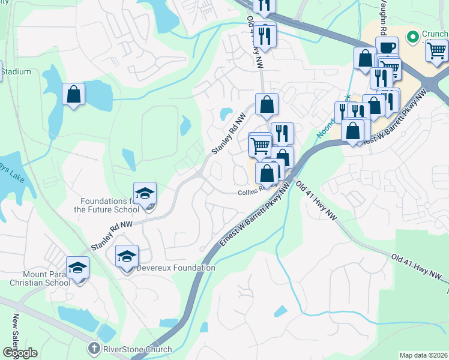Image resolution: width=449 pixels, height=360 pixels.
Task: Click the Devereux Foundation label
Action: (175, 268)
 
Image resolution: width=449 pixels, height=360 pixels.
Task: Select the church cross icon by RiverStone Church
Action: (93, 349)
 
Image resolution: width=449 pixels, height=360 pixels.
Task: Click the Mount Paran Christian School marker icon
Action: (77, 267)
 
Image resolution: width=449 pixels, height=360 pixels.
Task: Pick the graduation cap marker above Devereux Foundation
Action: (127, 256)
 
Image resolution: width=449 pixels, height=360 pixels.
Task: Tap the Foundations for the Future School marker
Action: (145, 193)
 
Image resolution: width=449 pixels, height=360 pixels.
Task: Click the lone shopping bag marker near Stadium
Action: (73, 94)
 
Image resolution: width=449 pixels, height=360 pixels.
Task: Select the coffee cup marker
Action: (387, 47)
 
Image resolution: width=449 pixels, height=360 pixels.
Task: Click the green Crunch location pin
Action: (412, 37)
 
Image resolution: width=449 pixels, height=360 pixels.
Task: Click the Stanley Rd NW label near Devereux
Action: (111, 236)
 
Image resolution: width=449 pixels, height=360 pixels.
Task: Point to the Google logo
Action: (20, 353)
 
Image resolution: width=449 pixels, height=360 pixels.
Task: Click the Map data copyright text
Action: (424, 355)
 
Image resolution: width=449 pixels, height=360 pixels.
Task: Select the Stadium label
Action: (16, 72)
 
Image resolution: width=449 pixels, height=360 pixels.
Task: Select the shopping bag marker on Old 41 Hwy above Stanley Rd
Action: (267, 104)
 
